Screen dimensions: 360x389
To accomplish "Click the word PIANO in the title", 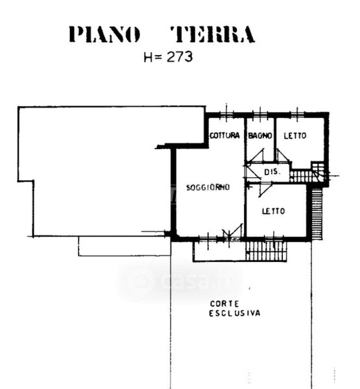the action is point(104,34).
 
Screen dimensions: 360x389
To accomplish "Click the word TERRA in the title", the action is point(213,34).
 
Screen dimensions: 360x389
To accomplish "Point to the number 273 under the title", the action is point(180,57).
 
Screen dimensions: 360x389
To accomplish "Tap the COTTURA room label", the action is point(224,136).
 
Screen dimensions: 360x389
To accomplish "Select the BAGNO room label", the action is point(260,136).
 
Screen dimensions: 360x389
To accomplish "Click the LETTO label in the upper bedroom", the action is point(295,136).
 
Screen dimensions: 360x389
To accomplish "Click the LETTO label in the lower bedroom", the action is point(273,211).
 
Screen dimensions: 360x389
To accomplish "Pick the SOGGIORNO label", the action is point(208,187).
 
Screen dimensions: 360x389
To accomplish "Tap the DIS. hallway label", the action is point(272,172).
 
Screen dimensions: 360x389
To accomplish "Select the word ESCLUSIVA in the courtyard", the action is point(235,313).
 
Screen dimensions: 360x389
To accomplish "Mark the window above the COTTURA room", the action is point(226,114).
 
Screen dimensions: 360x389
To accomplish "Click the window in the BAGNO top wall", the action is point(260,114).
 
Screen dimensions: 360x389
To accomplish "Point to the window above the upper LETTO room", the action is point(297,114).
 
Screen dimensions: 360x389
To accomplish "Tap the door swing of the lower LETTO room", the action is point(265,190).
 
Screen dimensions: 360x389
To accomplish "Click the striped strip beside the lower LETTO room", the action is point(317,213).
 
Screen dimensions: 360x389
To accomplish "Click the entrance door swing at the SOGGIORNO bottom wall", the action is point(232,232).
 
